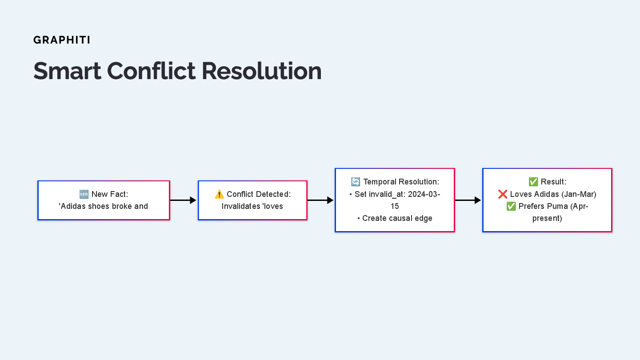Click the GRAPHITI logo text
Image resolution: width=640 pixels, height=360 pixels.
[62, 40]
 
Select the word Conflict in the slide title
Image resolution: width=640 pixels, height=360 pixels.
[151, 71]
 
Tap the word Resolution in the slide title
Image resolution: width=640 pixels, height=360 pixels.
[261, 71]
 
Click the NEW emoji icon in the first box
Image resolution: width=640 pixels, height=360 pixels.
[84, 194]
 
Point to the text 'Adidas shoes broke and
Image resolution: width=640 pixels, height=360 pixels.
[104, 206]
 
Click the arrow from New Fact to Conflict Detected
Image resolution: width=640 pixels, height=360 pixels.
[183, 200]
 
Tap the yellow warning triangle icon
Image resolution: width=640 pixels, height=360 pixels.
[219, 194]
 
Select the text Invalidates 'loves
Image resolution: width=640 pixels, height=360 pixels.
[252, 206]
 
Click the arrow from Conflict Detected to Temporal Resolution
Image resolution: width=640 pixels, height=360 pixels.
[320, 200]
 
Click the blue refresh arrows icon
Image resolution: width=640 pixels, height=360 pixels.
[356, 182]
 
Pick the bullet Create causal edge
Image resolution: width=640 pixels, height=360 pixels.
[395, 218]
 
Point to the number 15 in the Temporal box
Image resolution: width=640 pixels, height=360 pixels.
[395, 206]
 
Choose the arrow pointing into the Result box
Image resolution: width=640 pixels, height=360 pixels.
[468, 200]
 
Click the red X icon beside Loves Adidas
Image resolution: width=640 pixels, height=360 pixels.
[503, 194]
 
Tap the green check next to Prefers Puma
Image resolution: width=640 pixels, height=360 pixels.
[511, 206]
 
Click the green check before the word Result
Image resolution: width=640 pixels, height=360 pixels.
[533, 182]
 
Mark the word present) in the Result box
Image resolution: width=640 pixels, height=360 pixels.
[547, 218]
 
